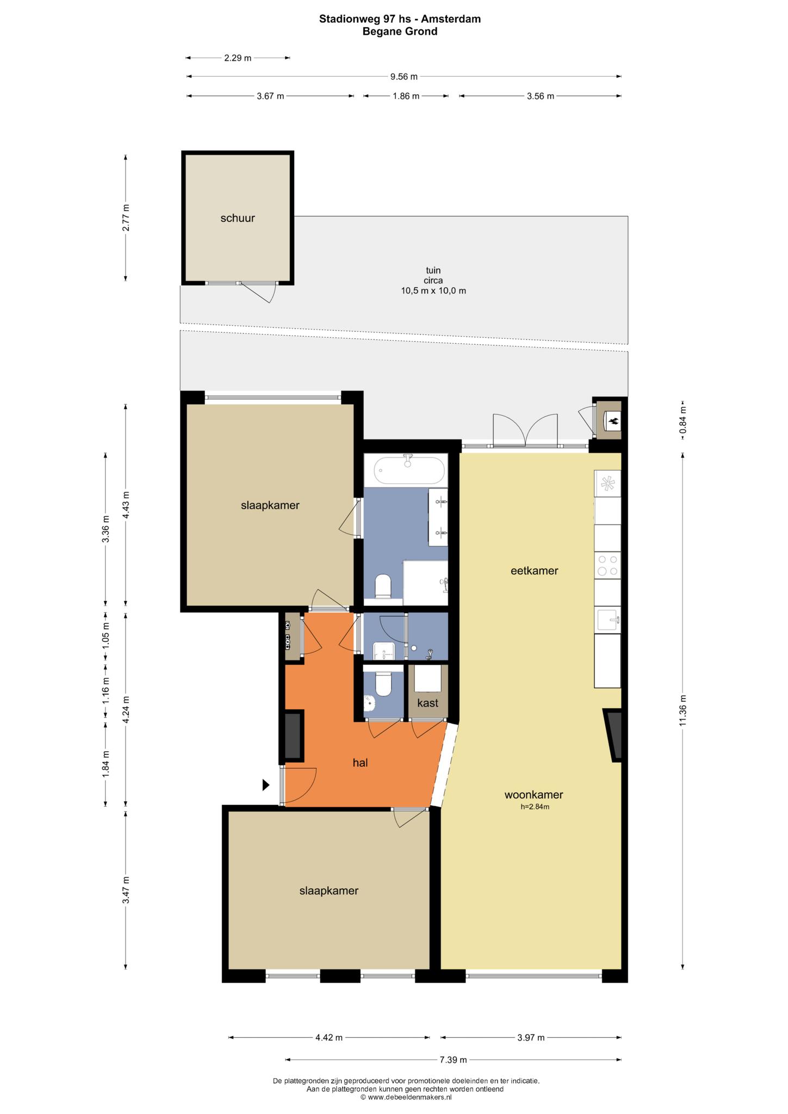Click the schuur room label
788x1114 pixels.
(238, 219)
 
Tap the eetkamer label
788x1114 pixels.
(535, 571)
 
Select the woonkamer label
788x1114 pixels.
(533, 795)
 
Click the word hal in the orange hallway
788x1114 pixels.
(361, 763)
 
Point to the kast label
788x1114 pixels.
(427, 703)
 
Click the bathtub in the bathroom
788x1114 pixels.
(409, 470)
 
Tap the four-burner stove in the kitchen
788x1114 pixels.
(608, 565)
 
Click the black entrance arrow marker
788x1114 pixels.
(266, 785)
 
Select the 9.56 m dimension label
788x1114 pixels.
(404, 77)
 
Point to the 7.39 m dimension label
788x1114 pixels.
(454, 1060)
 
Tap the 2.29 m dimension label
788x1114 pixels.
(238, 58)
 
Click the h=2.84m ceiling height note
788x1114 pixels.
(535, 807)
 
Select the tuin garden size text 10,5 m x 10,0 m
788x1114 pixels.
(433, 291)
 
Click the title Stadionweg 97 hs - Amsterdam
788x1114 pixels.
(400, 19)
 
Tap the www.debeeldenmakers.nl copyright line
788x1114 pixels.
(406, 1098)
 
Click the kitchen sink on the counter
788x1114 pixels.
(608, 620)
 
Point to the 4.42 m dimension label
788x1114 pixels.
(329, 1037)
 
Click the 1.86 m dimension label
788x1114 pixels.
(406, 96)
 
